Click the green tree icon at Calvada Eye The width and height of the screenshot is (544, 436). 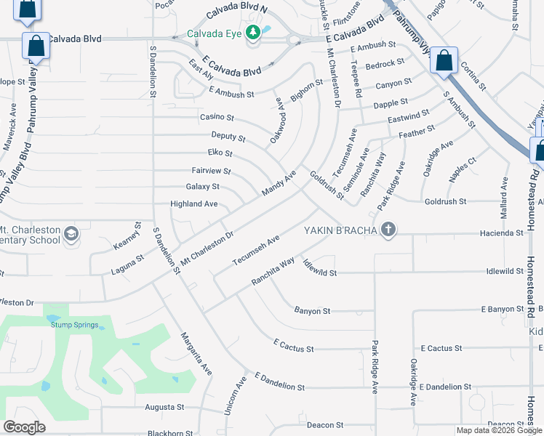[253, 33]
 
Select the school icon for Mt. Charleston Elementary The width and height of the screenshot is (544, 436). [71, 233]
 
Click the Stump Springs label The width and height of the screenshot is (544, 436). [74, 325]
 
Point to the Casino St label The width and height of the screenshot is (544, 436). [217, 117]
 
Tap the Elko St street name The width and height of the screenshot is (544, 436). [220, 153]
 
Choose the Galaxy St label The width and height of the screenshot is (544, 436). [203, 187]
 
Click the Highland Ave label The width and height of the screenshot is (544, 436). [193, 204]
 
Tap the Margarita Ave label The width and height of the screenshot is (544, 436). [196, 353]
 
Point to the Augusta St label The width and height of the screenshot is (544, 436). [164, 408]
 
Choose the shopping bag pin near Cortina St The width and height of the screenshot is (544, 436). [444, 61]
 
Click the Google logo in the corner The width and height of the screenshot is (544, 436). [24, 427]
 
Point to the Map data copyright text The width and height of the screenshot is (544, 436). [499, 430]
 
